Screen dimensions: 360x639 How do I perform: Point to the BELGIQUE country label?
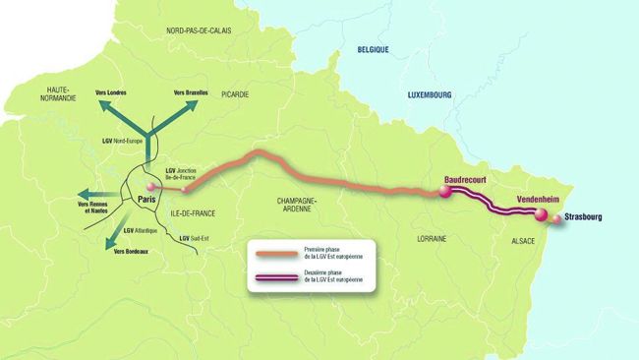tap(374, 48)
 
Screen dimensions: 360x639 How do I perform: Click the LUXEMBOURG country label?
tap(429, 95)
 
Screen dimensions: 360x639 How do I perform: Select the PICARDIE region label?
tap(235, 94)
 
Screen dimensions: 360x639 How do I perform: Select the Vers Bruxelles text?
tap(190, 92)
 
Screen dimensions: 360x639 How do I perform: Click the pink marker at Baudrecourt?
tap(444, 193)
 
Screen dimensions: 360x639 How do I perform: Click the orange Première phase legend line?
tap(267, 254)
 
